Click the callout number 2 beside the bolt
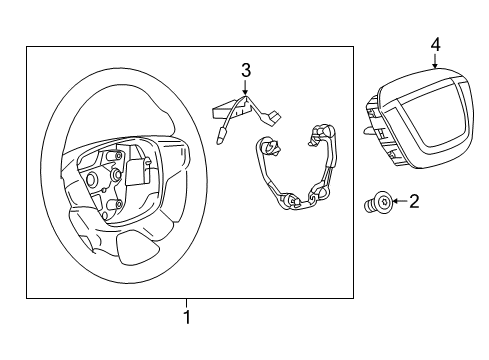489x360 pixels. tap(414, 203)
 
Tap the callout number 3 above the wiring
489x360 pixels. tap(243, 70)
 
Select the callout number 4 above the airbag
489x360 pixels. tap(435, 45)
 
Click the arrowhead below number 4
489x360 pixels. tap(435, 63)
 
